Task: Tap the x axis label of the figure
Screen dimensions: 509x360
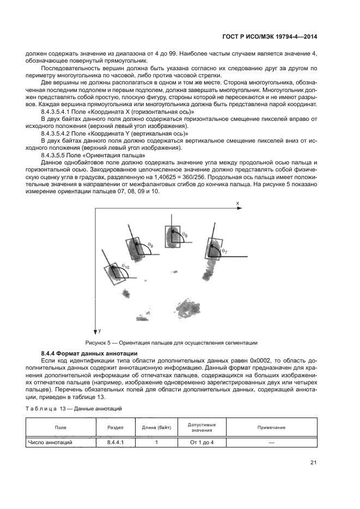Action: pyautogui.click(x=237, y=203)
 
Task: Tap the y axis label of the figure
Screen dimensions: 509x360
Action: pyautogui.click(x=100, y=330)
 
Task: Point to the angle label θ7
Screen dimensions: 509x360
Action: pyautogui.click(x=225, y=252)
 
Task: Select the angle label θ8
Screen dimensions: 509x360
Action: pyautogui.click(x=185, y=234)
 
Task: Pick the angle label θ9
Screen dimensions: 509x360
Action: pyautogui.click(x=150, y=246)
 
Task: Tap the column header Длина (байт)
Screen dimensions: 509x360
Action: pyautogui.click(x=156, y=427)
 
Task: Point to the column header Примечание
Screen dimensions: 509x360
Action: pyautogui.click(x=271, y=427)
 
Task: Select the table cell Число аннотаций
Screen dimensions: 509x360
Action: pyautogui.click(x=50, y=443)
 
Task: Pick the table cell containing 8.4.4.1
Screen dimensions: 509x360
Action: pyautogui.click(x=115, y=443)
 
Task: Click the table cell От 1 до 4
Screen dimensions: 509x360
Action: pyautogui.click(x=202, y=443)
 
